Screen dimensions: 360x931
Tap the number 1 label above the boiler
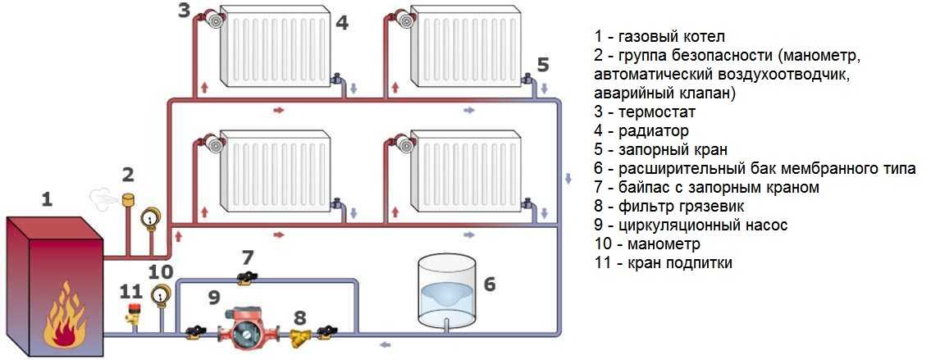[x=48, y=198]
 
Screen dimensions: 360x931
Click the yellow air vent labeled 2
[x=128, y=200]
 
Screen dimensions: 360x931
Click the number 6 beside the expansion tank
[x=490, y=285]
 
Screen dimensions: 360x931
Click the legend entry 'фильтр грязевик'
[x=690, y=207]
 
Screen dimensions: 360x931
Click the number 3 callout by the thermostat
[x=184, y=11]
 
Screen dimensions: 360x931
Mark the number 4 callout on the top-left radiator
[x=342, y=24]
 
